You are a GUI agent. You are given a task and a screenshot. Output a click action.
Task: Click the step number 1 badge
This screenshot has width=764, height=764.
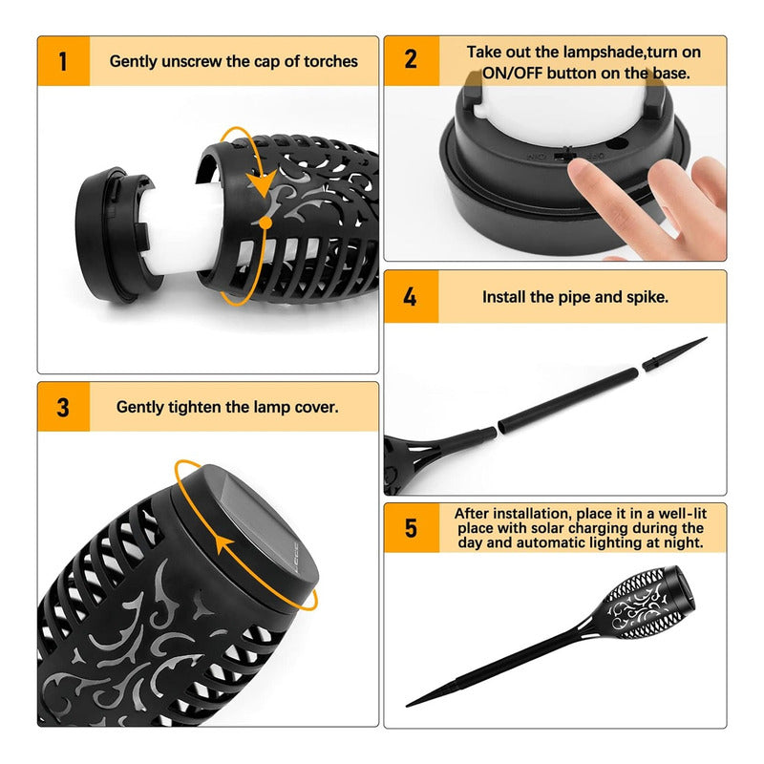pos(63,61)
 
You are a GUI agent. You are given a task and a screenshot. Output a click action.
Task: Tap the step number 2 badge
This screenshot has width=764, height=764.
pos(412,60)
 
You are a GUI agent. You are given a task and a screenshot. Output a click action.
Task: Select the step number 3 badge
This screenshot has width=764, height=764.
pos(63,407)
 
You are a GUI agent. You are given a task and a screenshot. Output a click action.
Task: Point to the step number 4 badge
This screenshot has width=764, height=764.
pos(411,296)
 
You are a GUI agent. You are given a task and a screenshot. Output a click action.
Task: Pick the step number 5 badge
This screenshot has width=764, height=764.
pos(412,528)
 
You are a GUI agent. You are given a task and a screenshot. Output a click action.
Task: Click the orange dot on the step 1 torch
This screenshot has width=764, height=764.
pos(265,223)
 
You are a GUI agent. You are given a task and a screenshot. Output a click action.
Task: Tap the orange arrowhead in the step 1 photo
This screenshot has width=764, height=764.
pos(262,182)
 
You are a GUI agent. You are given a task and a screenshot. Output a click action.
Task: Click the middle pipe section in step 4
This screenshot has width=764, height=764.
pos(567,400)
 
